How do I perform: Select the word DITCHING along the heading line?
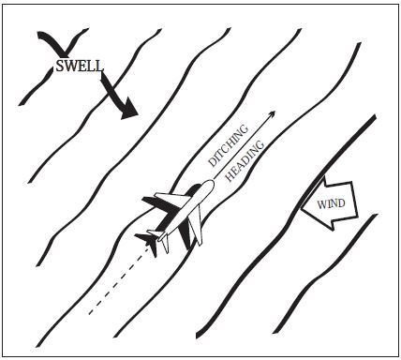pos(229,151)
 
